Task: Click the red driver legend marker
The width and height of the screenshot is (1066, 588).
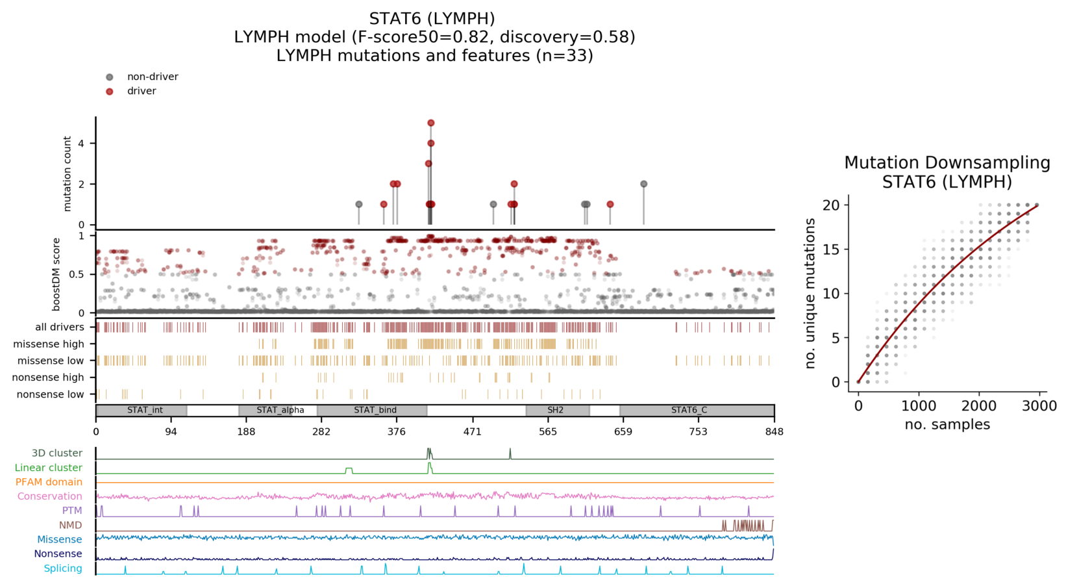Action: [110, 92]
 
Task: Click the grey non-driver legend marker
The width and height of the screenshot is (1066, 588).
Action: [110, 77]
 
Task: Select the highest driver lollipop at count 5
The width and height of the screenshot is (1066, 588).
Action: [431, 123]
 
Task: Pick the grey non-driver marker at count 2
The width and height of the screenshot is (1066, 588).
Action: [644, 184]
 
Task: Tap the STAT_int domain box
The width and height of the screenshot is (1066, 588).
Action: [142, 411]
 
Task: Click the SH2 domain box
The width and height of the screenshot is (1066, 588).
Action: [557, 411]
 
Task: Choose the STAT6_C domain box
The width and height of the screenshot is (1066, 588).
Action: [697, 411]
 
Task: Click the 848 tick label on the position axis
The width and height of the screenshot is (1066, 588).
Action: [774, 431]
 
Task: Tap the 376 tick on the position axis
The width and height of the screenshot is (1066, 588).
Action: [397, 431]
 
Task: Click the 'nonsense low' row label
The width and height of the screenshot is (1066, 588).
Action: [51, 394]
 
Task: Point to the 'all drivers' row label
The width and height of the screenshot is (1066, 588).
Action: [60, 327]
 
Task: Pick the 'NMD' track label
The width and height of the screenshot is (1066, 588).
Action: [70, 525]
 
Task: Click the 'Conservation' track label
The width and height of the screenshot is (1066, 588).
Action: [49, 496]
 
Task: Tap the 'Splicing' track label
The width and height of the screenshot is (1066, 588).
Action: [63, 569]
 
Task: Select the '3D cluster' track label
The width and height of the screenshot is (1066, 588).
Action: [57, 454]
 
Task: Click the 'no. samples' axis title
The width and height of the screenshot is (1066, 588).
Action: [947, 425]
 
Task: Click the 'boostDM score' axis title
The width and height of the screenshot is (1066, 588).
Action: [56, 274]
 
